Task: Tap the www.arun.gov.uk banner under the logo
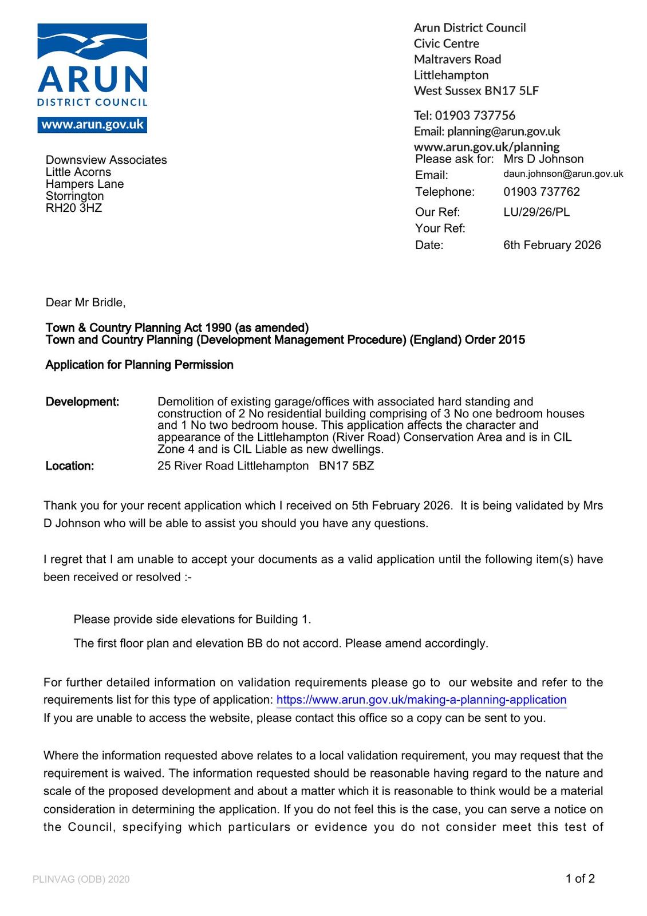coord(92,125)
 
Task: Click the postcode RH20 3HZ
coord(74,208)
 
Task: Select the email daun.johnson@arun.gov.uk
coord(563,174)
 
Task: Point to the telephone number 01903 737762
coord(541,192)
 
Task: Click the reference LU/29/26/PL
coord(536,212)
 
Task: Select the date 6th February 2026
coord(552,245)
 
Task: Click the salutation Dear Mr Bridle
coord(85,302)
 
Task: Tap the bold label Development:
coord(82,402)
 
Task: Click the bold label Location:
coord(70,466)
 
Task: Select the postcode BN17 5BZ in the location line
coord(346,466)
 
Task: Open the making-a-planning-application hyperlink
coord(421,700)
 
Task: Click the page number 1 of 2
coord(579,879)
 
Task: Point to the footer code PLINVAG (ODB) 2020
coord(81,879)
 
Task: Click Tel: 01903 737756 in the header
coord(464,116)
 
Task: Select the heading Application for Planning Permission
coord(139,365)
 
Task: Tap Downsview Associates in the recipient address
coord(106,160)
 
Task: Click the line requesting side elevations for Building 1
coord(192,619)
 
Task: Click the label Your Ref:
coord(440,228)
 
